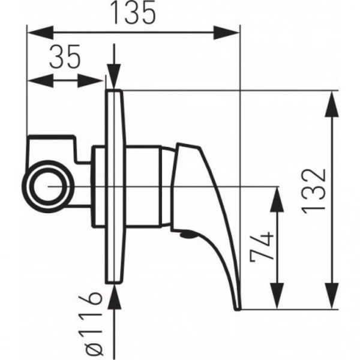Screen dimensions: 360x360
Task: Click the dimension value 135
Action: [x=133, y=13]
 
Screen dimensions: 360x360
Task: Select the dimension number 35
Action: [x=65, y=56]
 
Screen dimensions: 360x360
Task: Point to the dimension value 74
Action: [x=262, y=247]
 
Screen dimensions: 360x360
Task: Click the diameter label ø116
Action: [x=91, y=325]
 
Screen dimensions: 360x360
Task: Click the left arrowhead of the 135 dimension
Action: [x=40, y=32]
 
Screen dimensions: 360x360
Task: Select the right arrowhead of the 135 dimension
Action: [x=226, y=32]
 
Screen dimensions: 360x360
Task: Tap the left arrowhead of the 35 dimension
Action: [x=40, y=80]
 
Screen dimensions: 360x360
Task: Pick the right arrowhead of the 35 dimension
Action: [x=91, y=80]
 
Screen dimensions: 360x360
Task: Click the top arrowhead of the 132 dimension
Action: [x=332, y=104]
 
